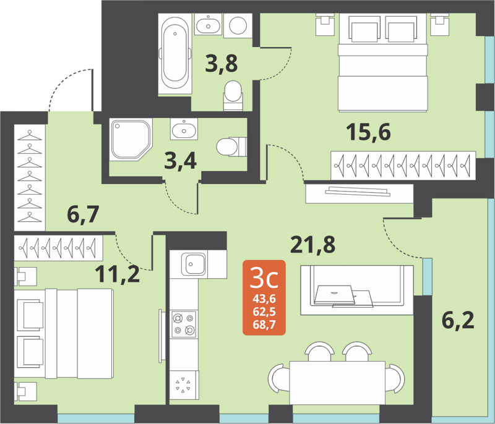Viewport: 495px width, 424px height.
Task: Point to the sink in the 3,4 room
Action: click(184, 130)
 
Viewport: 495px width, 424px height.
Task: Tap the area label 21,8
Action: click(313, 245)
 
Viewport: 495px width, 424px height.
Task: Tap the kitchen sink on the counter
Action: click(194, 265)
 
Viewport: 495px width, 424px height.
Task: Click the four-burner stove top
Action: click(184, 324)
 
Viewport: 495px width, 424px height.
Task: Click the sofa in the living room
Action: click(356, 290)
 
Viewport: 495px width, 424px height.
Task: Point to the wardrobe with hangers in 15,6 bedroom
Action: click(403, 166)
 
